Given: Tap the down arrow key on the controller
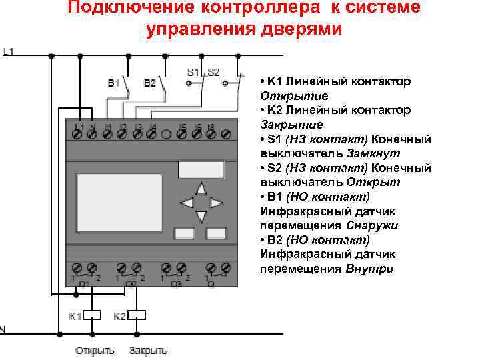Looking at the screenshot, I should [x=202, y=216].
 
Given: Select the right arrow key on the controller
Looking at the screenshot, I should [x=216, y=202].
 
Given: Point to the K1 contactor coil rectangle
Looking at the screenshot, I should [x=93, y=315].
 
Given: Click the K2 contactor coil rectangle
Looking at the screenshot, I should [x=139, y=315].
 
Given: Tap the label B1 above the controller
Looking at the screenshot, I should [x=114, y=84].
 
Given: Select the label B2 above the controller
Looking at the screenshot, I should [x=150, y=84].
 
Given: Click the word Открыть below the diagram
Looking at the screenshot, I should [x=95, y=350].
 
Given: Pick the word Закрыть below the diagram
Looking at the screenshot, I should [x=148, y=350].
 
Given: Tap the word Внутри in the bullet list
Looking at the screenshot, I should [x=370, y=269].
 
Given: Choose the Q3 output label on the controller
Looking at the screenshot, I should [x=175, y=283].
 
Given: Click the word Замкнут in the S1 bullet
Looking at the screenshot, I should [x=373, y=153].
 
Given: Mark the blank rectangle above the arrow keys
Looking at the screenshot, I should [x=201, y=170].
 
